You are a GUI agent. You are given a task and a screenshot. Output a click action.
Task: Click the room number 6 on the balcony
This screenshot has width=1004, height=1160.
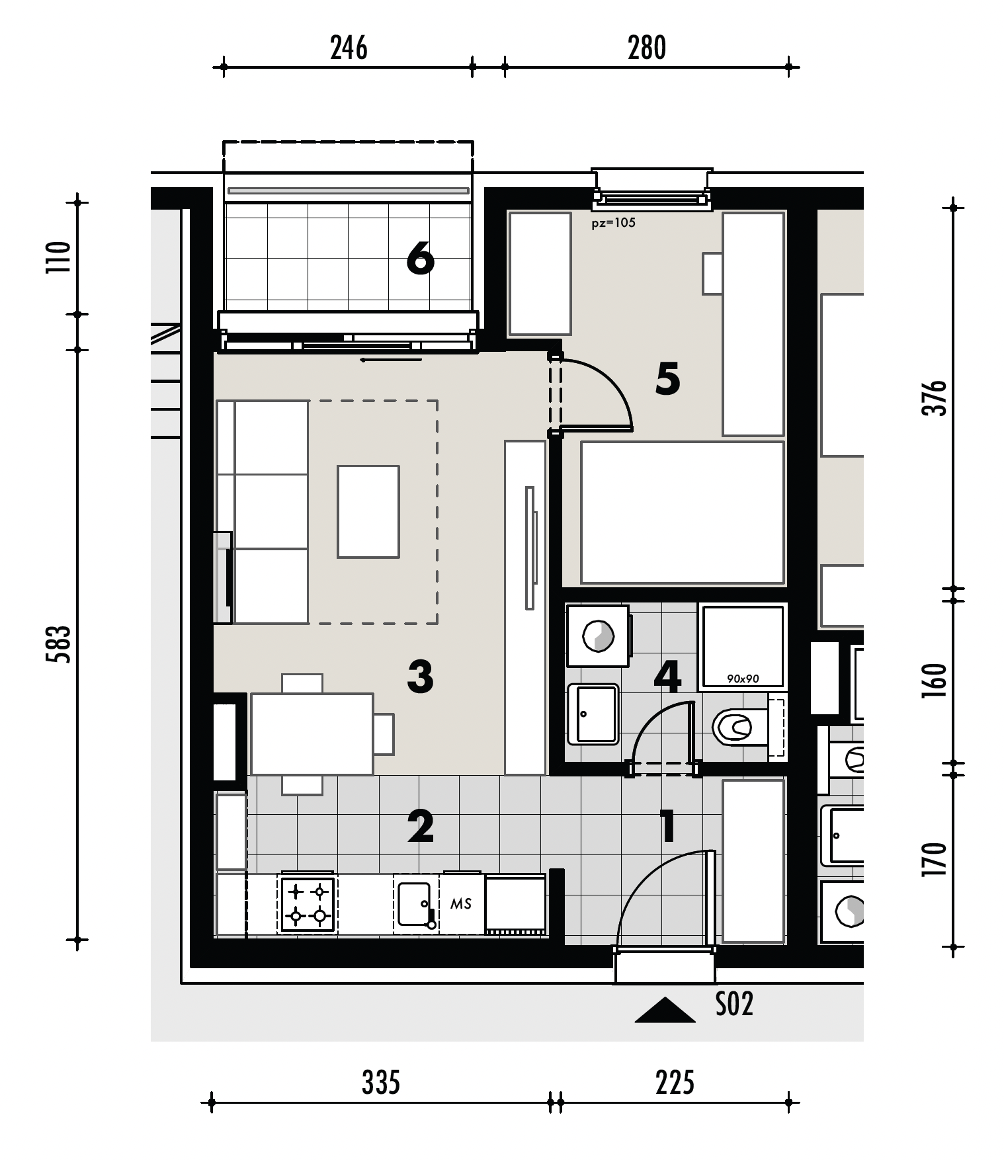pyautogui.click(x=420, y=258)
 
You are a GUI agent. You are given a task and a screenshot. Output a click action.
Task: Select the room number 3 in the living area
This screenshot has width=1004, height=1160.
pyautogui.click(x=421, y=677)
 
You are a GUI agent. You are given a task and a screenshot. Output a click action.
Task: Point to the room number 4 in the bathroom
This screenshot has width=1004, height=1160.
pyautogui.click(x=667, y=676)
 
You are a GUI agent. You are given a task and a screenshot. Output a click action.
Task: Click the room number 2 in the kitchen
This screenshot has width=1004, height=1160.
pyautogui.click(x=421, y=826)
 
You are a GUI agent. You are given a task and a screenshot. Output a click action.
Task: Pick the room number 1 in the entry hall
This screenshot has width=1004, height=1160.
pyautogui.click(x=668, y=826)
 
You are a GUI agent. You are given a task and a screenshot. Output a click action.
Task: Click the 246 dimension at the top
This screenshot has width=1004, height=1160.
pyautogui.click(x=349, y=48)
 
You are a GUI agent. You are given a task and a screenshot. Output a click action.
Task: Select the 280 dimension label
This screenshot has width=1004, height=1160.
pyautogui.click(x=647, y=48)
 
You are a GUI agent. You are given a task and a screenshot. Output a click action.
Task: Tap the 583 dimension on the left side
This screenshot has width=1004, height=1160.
pyautogui.click(x=58, y=644)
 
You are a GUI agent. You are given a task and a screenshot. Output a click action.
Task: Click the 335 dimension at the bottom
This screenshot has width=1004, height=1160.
pyautogui.click(x=381, y=1083)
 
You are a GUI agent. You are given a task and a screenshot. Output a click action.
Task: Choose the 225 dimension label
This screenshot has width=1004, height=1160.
pyautogui.click(x=675, y=1083)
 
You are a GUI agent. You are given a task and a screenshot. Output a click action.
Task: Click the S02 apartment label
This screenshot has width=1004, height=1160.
pyautogui.click(x=734, y=1004)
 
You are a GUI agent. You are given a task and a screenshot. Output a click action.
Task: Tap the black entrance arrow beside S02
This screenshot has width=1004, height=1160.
pyautogui.click(x=665, y=1010)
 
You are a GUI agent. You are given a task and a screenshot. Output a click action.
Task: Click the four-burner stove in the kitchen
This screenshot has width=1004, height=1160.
pyautogui.click(x=308, y=905)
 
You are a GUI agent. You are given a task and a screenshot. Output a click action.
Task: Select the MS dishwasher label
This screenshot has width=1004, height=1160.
pyautogui.click(x=461, y=903)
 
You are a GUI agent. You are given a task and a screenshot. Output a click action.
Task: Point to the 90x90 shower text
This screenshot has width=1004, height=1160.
pyautogui.click(x=743, y=679)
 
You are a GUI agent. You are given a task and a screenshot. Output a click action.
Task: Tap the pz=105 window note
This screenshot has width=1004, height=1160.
pyautogui.click(x=613, y=223)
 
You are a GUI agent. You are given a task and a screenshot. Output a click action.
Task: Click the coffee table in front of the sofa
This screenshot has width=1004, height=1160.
pyautogui.click(x=368, y=511)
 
